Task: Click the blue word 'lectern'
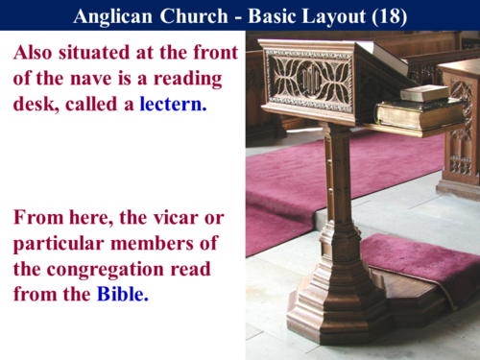(173, 104)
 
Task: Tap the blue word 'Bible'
(122, 295)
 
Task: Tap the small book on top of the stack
(424, 93)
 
